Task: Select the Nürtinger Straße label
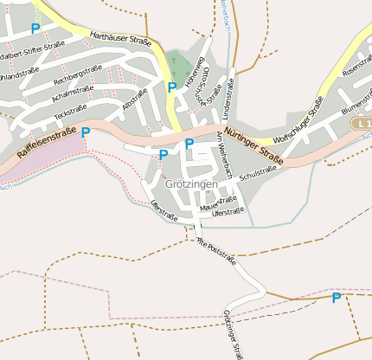253,145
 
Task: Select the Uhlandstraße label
22,76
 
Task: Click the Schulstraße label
257,173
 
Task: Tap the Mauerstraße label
218,202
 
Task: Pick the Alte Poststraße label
215,248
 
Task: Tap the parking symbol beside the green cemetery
171,87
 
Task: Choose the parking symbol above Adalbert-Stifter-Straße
35,28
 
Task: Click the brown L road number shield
362,125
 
